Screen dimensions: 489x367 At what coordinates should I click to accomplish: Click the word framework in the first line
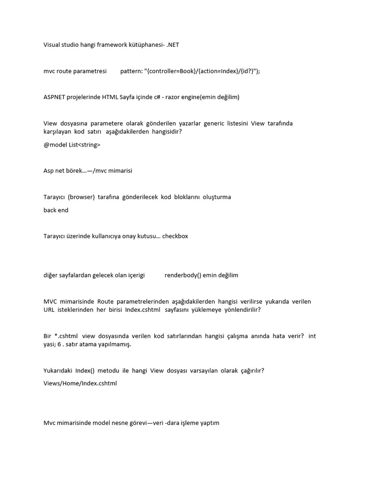110,45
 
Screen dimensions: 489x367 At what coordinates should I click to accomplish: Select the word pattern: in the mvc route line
131,71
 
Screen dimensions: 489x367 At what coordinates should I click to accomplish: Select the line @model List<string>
72,145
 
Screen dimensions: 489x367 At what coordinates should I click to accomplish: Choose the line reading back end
56,210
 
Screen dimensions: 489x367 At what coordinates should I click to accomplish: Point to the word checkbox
175,236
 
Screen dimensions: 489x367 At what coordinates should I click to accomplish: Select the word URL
49,309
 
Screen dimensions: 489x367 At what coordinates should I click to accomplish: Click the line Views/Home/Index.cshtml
80,383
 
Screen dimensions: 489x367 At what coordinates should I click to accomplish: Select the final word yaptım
208,423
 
